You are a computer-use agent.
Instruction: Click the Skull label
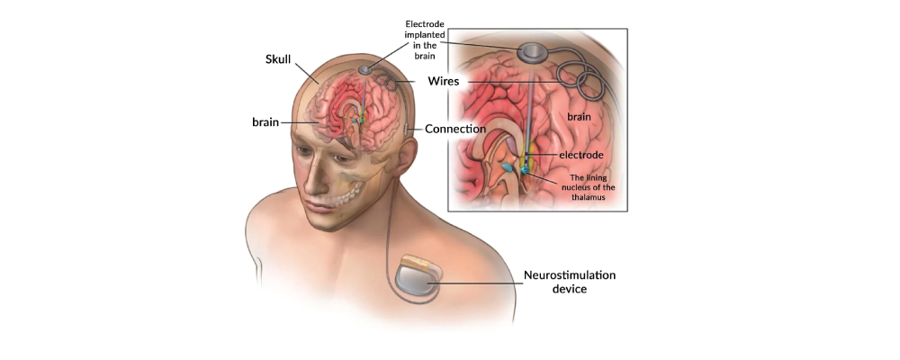(x=279, y=59)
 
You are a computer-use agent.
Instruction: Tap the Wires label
(x=444, y=81)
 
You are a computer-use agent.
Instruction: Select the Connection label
(x=455, y=130)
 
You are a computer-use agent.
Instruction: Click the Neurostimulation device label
(x=570, y=282)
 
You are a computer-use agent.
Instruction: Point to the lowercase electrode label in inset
(x=580, y=155)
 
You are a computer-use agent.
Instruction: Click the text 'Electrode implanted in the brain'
(x=425, y=40)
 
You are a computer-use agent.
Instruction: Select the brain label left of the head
(x=265, y=122)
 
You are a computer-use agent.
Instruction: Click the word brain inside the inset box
(x=580, y=117)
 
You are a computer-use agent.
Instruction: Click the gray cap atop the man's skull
(x=365, y=70)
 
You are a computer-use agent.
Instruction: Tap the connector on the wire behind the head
(x=407, y=129)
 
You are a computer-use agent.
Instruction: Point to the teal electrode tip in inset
(x=526, y=170)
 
